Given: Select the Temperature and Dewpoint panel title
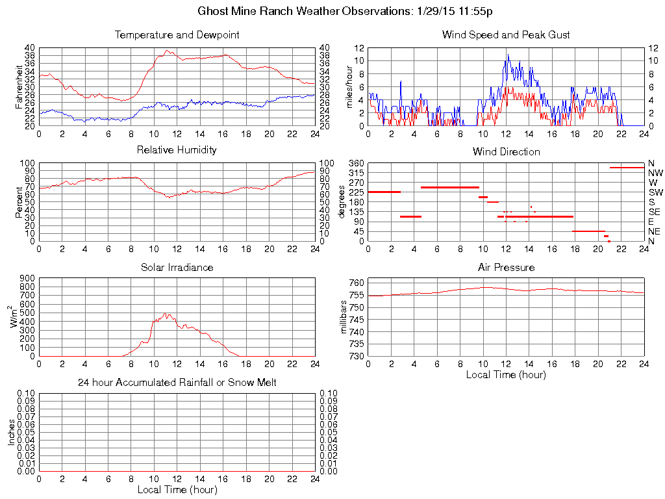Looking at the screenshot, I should [177, 34].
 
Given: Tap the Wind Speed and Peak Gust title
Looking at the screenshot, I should [506, 34].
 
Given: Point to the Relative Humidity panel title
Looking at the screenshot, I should [177, 150].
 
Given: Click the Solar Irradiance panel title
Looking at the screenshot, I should [177, 267].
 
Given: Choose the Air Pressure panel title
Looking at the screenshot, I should [506, 267].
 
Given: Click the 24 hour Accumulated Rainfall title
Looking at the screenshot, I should [177, 383].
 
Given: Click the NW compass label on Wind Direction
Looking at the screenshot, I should [655, 173].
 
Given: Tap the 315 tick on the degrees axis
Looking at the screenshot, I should [357, 173].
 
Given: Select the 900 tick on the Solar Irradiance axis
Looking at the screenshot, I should [27, 278].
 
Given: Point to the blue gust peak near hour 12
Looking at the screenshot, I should [508, 55].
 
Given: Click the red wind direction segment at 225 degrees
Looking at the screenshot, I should [384, 192].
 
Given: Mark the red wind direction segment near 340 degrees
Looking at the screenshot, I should [627, 168].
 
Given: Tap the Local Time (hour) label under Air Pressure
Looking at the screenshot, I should [506, 374].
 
